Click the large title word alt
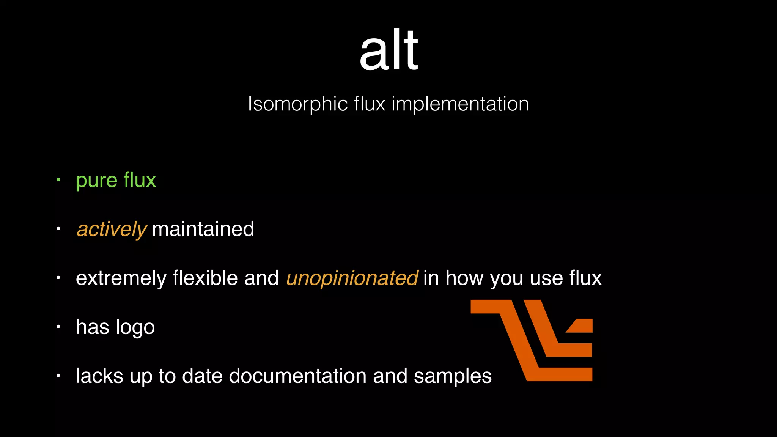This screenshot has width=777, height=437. pos(388,50)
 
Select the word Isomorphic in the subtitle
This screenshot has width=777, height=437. pos(297,104)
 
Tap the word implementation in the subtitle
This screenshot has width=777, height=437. pos(460,104)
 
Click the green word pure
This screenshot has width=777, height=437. pos(97,181)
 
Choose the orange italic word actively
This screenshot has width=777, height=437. pos(112,230)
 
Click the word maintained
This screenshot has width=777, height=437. pos(203,229)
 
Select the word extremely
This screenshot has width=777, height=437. pos(121,278)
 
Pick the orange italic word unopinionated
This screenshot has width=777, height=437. pos(352,278)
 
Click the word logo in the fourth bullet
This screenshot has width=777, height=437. pos(135,327)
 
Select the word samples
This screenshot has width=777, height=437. pos(453,376)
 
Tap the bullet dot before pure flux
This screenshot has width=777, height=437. pos(58,180)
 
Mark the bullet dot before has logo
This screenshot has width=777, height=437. pos(58,327)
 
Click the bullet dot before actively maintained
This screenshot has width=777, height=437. pos(58,229)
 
